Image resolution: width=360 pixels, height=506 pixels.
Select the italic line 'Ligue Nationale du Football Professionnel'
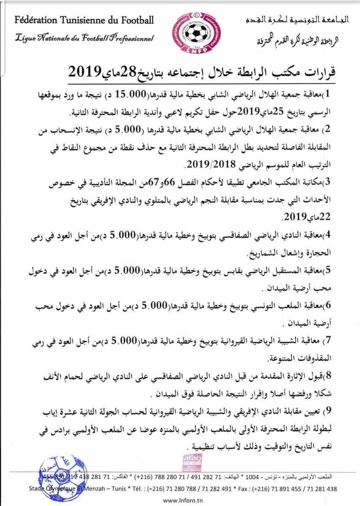[x=84, y=39]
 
